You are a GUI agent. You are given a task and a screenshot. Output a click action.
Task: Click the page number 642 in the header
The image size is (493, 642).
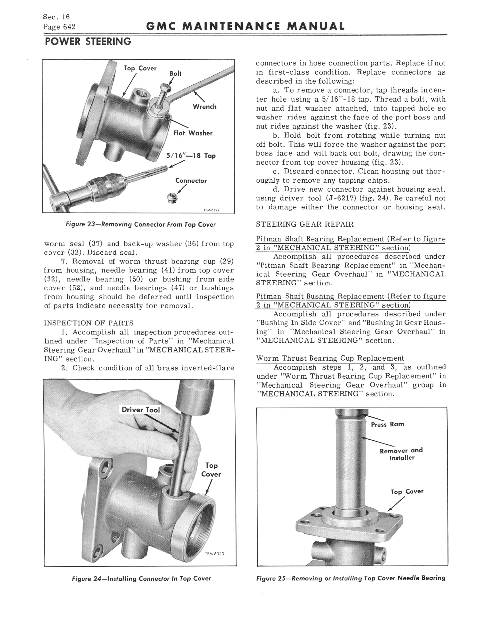69,27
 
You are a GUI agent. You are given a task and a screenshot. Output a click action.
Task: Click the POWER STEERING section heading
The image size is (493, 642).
88,41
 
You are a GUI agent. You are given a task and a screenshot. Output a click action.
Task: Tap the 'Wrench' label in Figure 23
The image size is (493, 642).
205,107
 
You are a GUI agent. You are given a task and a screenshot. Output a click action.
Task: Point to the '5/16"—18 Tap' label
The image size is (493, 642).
191,156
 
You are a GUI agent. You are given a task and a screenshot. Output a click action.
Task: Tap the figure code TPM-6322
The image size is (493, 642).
212,210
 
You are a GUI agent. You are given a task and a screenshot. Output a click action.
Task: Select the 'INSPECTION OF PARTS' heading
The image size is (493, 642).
88,323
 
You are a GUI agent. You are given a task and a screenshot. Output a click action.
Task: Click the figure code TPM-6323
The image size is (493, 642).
214,554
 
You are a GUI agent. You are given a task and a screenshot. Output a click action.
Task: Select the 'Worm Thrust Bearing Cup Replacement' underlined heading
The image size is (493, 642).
330,358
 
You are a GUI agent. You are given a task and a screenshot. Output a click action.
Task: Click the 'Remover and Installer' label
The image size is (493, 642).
401,454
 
